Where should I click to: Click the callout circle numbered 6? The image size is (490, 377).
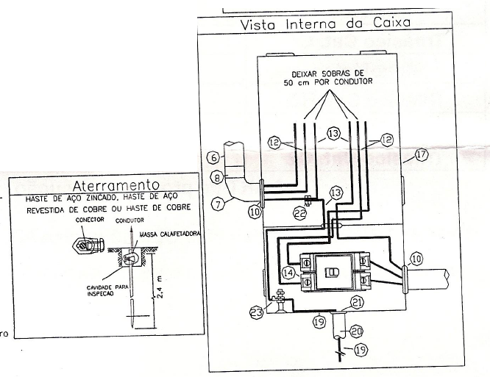pos(211,157)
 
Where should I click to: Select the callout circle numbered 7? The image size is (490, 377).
pos(219,205)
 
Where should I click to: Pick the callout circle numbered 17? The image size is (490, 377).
pos(421,155)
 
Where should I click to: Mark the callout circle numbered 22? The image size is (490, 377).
pos(299,213)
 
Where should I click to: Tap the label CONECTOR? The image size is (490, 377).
pos(79,219)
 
